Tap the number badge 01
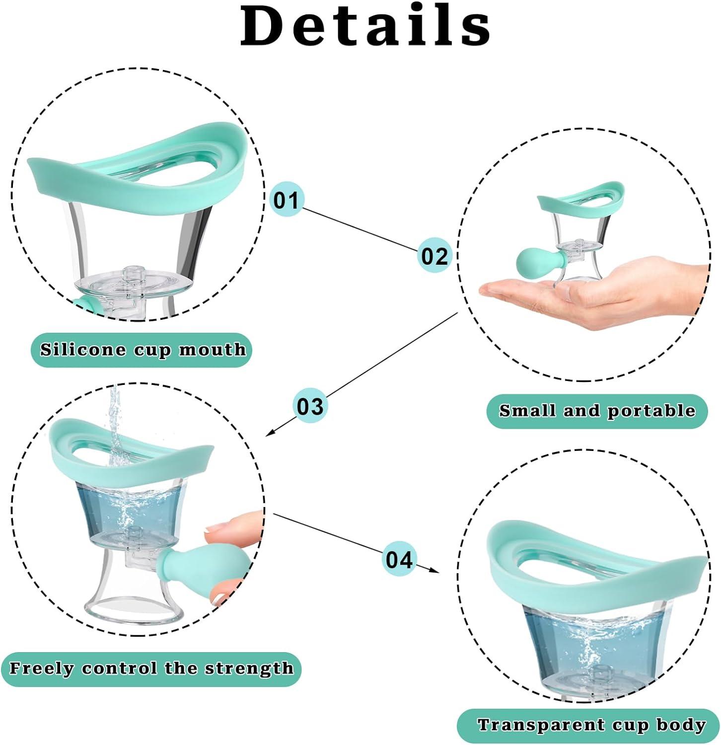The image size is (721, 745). [286, 200]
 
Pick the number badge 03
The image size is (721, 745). [310, 406]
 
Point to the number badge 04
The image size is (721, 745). [399, 559]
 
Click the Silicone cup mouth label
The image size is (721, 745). [142, 350]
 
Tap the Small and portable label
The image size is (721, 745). [596, 411]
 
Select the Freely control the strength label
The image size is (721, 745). [151, 669]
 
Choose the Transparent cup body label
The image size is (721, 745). [591, 725]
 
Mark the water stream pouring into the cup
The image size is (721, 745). [115, 417]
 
